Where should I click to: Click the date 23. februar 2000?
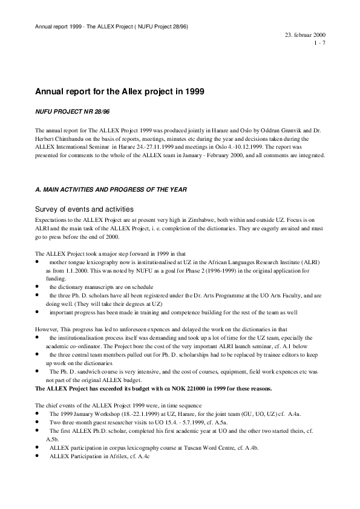click(x=306, y=36)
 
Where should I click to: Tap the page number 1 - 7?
click(x=319, y=44)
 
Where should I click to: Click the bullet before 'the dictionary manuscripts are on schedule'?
click(x=38, y=286)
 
